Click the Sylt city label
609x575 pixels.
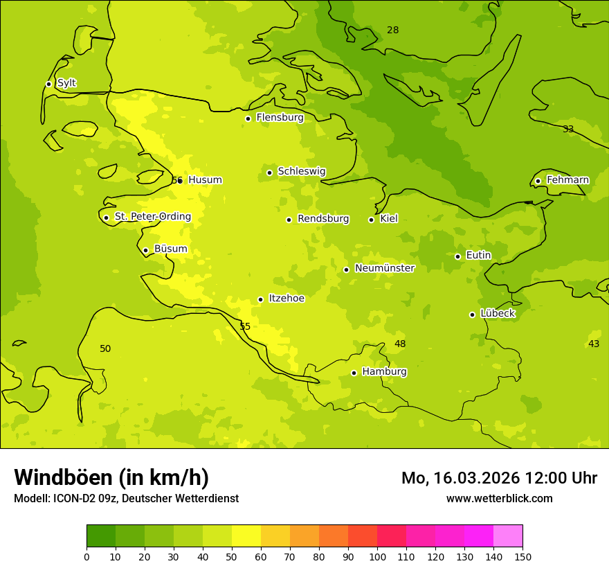(x=66, y=83)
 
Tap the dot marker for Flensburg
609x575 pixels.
(x=248, y=118)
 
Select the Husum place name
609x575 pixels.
(x=205, y=180)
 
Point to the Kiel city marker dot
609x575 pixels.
(x=371, y=220)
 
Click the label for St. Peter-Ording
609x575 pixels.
(x=152, y=217)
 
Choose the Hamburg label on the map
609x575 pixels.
(x=384, y=372)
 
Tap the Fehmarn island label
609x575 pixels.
(x=567, y=180)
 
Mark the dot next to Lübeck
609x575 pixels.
(x=472, y=315)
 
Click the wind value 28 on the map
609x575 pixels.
(x=392, y=30)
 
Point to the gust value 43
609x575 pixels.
(x=593, y=344)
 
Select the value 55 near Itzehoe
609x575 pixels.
(x=245, y=326)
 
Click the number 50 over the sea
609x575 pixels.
(x=105, y=348)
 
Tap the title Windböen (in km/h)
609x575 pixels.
(x=111, y=477)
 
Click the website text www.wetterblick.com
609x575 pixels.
(x=499, y=498)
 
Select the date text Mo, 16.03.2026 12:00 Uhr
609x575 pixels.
(x=499, y=478)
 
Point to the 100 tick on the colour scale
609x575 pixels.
(x=377, y=556)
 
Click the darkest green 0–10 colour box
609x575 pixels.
(x=101, y=536)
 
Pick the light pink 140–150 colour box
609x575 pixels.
(x=508, y=536)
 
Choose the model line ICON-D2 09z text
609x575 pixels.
(x=126, y=499)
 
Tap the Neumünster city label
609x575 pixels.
(x=384, y=268)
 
